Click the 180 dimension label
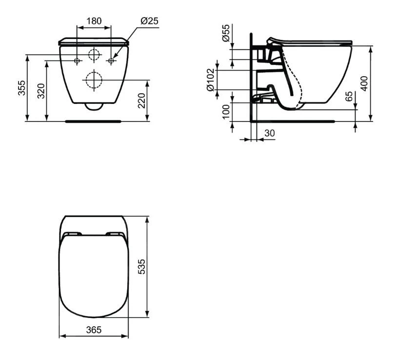pyautogui.click(x=94, y=21)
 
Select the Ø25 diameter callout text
pyautogui.click(x=149, y=21)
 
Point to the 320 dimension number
pyautogui.click(x=41, y=91)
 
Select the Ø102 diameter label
pyautogui.click(x=211, y=80)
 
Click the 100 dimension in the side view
pyautogui.click(x=226, y=111)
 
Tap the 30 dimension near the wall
pyautogui.click(x=269, y=133)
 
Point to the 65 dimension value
pyautogui.click(x=349, y=96)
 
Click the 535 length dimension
pyautogui.click(x=142, y=266)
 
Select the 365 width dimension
pyautogui.click(x=94, y=330)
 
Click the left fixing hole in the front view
pyautogui.click(x=77, y=60)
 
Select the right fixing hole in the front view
pyautogui.click(x=111, y=60)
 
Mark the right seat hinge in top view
pyautogui.click(x=115, y=233)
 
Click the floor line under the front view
pyautogui.click(x=93, y=120)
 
